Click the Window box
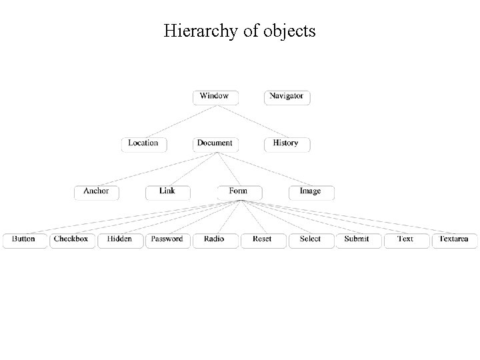[x=215, y=97]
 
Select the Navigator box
[x=287, y=97]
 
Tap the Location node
[x=143, y=144]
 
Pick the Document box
[x=215, y=144]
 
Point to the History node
[x=287, y=144]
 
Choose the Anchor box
[x=96, y=192]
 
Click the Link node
[x=167, y=192]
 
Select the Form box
[x=239, y=192]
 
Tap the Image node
[x=311, y=192]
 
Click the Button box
[x=24, y=240]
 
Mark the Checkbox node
[x=71, y=240]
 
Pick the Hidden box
[x=120, y=240]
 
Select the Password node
[x=167, y=240]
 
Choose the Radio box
[x=215, y=240]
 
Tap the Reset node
[x=263, y=240]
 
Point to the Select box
[x=311, y=240]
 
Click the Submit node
[x=358, y=240]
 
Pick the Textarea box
[x=454, y=240]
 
